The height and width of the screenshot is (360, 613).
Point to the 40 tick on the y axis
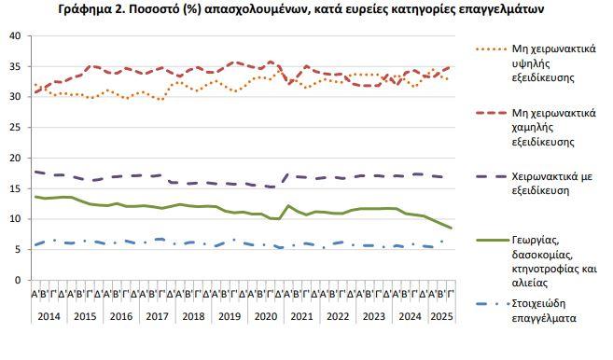click(x=14, y=35)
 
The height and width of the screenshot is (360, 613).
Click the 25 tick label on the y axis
click(x=14, y=127)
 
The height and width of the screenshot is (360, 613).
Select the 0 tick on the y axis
click(x=17, y=280)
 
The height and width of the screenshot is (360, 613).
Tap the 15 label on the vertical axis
click(x=14, y=188)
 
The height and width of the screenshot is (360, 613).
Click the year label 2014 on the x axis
click(x=50, y=316)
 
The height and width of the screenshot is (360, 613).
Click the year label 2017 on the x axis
click(x=156, y=316)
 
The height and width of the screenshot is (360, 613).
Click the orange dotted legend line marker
click(x=491, y=48)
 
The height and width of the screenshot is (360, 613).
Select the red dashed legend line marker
click(x=491, y=113)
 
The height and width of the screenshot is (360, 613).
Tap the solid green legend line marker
click(x=491, y=239)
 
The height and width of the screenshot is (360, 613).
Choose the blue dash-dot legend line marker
click(x=491, y=303)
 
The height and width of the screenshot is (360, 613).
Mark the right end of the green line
click(x=452, y=228)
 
